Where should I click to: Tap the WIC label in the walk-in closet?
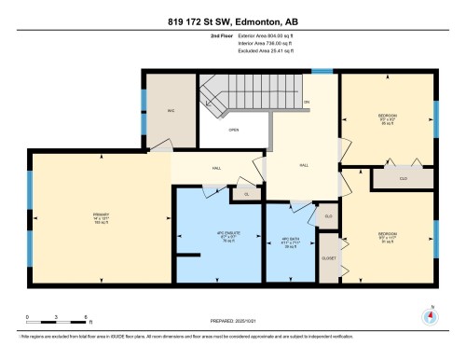[171, 110]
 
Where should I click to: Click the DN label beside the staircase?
[306, 102]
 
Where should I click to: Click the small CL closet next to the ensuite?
[247, 194]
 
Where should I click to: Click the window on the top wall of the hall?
[322, 70]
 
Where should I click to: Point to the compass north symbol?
[428, 314]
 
